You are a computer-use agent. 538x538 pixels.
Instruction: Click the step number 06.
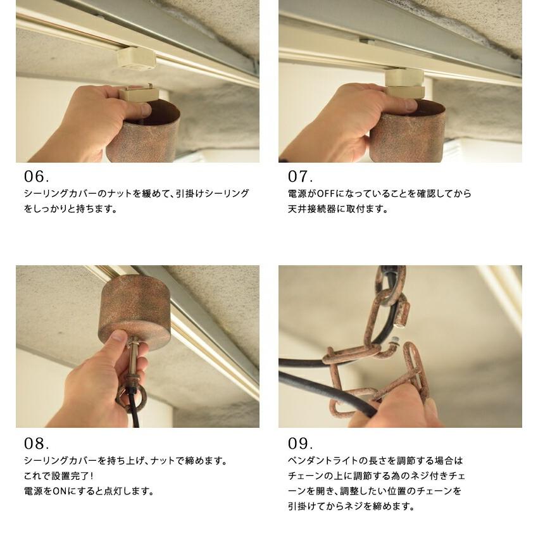coord(37,176)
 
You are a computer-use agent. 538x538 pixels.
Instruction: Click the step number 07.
coord(300,176)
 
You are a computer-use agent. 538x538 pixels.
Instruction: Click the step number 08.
coord(37,443)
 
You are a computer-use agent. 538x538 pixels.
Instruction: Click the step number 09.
coord(300,443)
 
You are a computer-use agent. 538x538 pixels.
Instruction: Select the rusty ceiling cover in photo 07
coord(408,133)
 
